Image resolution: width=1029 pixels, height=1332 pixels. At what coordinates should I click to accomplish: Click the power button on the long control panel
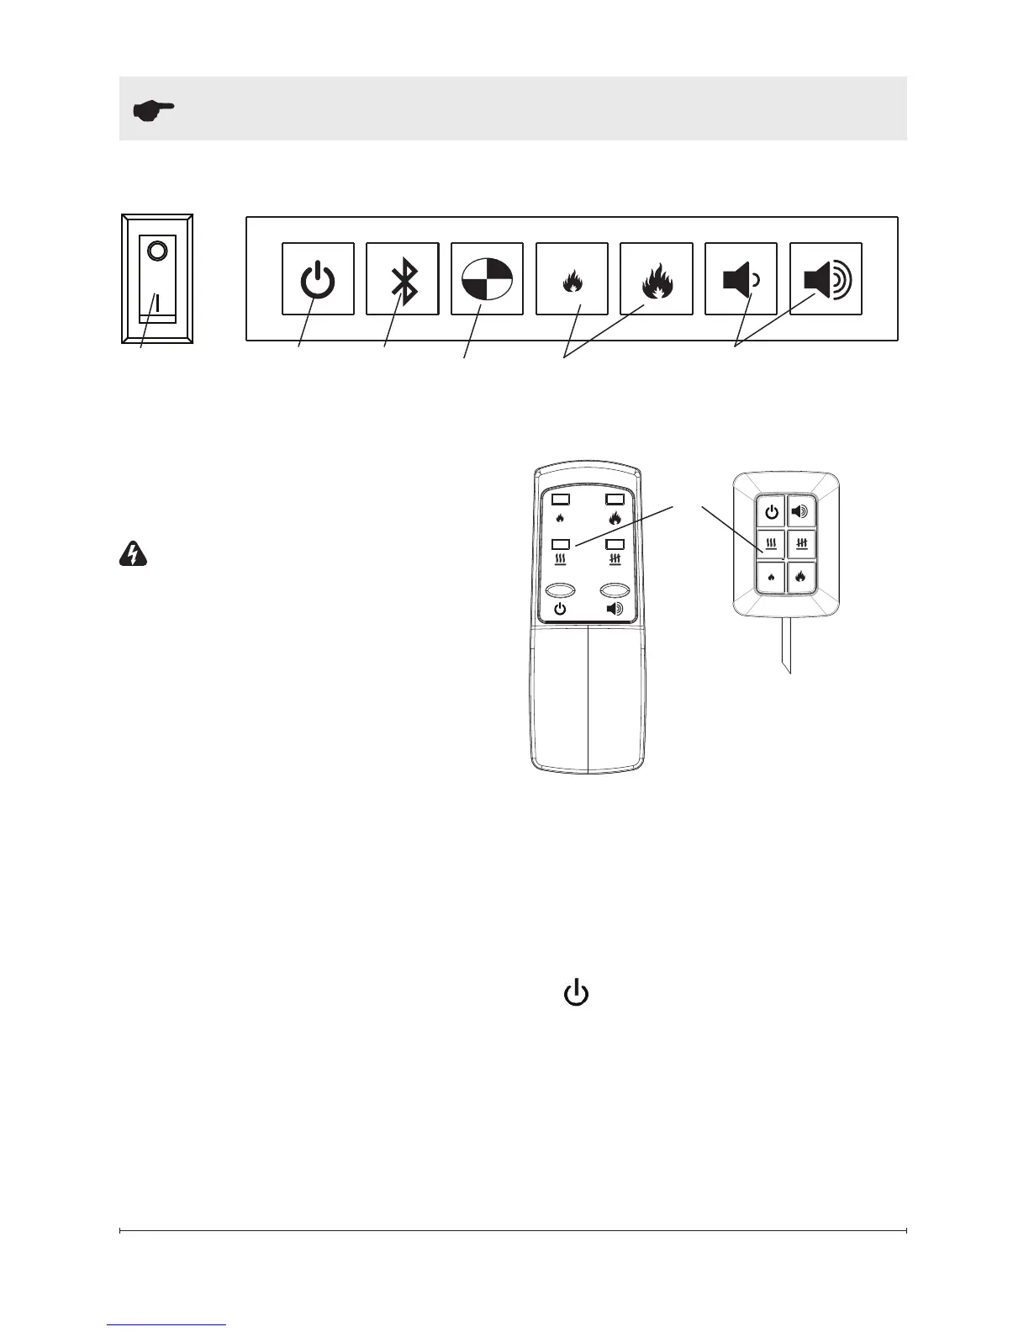pyautogui.click(x=318, y=279)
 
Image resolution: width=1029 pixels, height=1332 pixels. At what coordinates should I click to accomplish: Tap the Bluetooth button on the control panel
pyautogui.click(x=403, y=279)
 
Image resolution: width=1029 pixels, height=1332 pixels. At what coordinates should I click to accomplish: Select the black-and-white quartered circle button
pyautogui.click(x=488, y=279)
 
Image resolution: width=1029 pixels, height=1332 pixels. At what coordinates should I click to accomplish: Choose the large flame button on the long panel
pyautogui.click(x=657, y=279)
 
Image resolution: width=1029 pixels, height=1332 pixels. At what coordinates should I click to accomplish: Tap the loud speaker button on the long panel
pyautogui.click(x=826, y=279)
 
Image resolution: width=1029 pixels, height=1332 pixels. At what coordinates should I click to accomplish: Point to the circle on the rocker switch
pyautogui.click(x=157, y=251)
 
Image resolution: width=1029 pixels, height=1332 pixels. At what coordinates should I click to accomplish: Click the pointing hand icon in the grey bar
pyautogui.click(x=154, y=109)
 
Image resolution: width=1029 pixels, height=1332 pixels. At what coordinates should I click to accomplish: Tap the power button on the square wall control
pyautogui.click(x=771, y=511)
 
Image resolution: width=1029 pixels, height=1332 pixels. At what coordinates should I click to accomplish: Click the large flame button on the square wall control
pyautogui.click(x=800, y=577)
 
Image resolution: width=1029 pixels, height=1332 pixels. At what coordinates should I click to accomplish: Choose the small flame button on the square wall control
pyautogui.click(x=771, y=577)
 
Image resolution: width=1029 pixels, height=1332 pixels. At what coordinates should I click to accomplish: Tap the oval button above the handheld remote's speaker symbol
pyautogui.click(x=615, y=590)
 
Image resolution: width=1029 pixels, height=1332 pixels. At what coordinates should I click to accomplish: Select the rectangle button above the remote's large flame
pyautogui.click(x=615, y=499)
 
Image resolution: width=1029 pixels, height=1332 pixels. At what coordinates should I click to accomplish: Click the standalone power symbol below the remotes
pyautogui.click(x=576, y=993)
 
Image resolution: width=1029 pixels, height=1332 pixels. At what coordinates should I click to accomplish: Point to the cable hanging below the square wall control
pyautogui.click(x=785, y=643)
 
